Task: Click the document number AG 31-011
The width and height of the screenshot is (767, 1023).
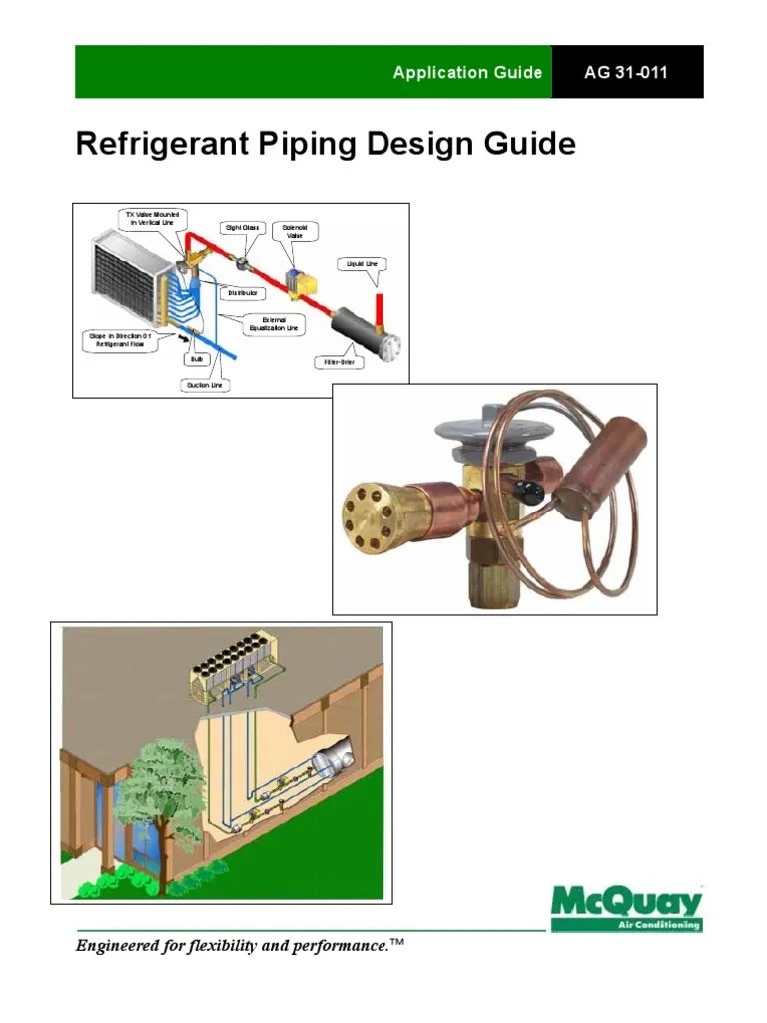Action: tap(627, 72)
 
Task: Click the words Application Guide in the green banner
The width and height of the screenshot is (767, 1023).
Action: tap(467, 72)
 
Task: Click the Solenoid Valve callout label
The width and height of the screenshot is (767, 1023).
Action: tap(295, 232)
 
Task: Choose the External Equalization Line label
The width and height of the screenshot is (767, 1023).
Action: tap(274, 324)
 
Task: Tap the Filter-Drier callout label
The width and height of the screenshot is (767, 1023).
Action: tap(339, 362)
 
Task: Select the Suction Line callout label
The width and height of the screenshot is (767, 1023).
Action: tap(205, 384)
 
